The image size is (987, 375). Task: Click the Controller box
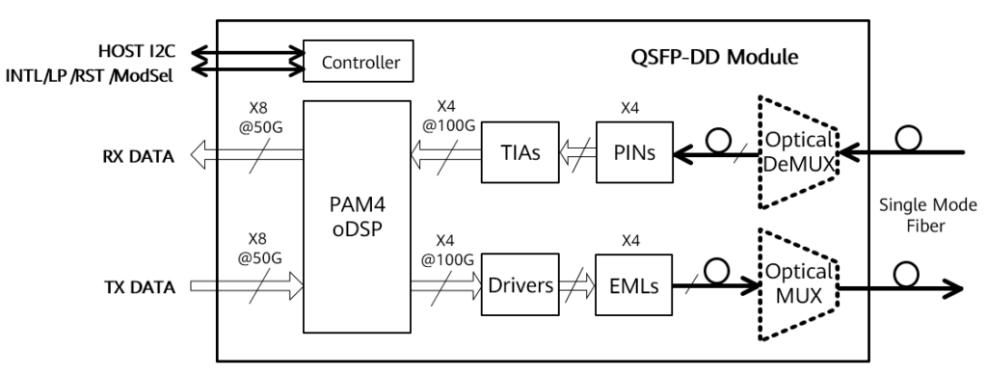click(x=359, y=64)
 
